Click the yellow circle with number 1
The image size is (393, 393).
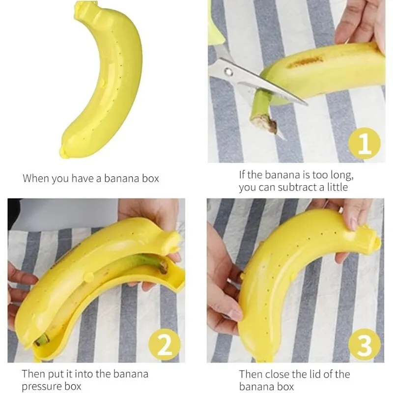pos(365,143)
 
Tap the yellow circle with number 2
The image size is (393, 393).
pos(165,345)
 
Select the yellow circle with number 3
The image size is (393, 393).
pos(365,345)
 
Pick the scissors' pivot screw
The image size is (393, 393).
pos(228,72)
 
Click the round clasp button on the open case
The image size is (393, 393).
pos(89,277)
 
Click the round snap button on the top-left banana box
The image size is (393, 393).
pos(102,82)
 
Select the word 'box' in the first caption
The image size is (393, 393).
pos(150,178)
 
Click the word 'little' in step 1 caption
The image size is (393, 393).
pos(337,187)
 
